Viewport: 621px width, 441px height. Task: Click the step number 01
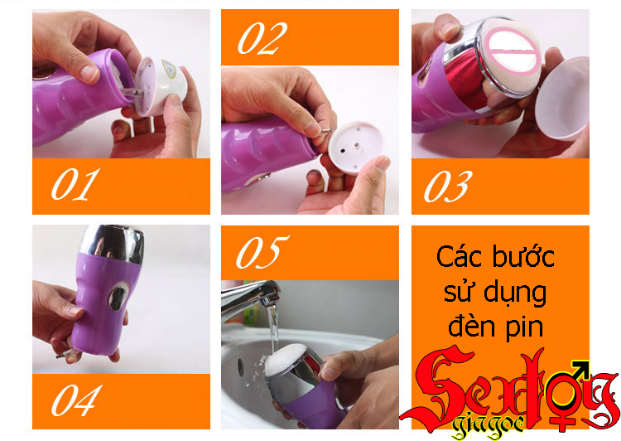click(x=75, y=184)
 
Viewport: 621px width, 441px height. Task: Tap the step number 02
click(x=262, y=38)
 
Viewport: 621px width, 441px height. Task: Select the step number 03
click(x=448, y=186)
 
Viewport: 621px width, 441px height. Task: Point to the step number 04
click(x=77, y=400)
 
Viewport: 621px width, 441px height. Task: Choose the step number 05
click(x=262, y=252)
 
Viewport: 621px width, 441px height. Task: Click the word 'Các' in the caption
click(x=459, y=257)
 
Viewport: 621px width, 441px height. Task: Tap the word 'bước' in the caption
click(x=523, y=256)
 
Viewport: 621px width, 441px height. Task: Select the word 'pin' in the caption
click(x=525, y=328)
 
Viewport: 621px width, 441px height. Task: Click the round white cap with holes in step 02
click(x=355, y=148)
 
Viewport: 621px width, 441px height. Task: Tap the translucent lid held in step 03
click(x=562, y=99)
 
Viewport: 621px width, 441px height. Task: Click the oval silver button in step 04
click(x=118, y=297)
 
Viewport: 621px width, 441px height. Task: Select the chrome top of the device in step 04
click(x=111, y=244)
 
